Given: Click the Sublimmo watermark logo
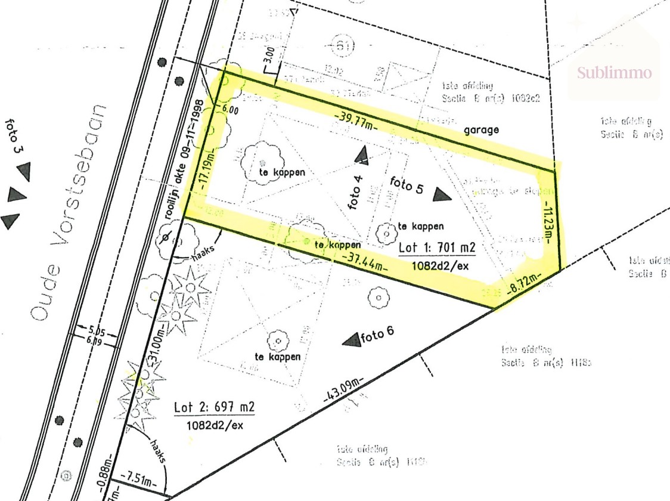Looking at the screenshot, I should pos(614,73).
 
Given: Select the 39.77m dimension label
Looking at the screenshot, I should pos(355,119).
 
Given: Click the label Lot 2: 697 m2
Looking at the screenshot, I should pos(215,408).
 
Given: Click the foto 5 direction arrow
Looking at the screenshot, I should pos(442,194).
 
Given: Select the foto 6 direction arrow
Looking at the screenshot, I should pos(352,339).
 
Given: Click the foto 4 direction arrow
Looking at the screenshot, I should pos(362,156).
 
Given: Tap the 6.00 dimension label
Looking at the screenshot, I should pos(229,110).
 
